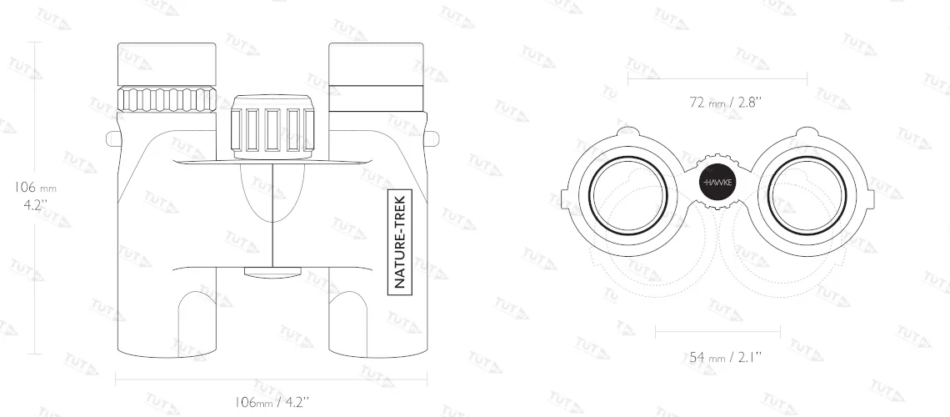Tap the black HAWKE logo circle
(717, 183)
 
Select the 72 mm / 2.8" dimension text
(725, 102)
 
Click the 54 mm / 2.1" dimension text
(725, 358)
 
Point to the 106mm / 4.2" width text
(272, 402)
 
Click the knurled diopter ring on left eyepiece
(167, 98)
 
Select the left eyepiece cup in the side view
(167, 63)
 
